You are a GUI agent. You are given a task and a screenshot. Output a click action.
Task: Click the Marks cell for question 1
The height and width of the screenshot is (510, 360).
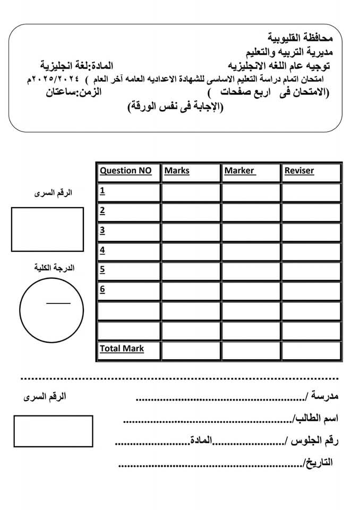pyautogui.click(x=191, y=192)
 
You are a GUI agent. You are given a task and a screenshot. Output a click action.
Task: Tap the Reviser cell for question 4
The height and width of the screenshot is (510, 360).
pyautogui.click(x=311, y=251)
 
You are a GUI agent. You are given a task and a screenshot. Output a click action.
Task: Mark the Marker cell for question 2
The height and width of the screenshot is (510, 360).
pyautogui.click(x=251, y=211)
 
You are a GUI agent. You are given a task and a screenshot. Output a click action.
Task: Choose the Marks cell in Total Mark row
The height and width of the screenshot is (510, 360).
pyautogui.click(x=191, y=350)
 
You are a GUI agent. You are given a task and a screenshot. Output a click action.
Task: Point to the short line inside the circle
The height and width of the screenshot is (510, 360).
pyautogui.click(x=58, y=303)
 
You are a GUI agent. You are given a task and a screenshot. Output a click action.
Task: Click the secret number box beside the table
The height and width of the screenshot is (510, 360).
pyautogui.click(x=47, y=229)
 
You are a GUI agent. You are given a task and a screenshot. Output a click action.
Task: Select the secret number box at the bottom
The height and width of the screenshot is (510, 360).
pyautogui.click(x=53, y=431)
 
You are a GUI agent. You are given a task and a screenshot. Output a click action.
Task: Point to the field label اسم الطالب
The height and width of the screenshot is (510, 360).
pyautogui.click(x=316, y=419)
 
